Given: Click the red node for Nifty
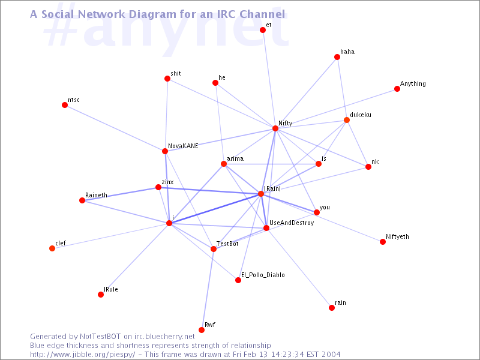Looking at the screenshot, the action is (x=275, y=128).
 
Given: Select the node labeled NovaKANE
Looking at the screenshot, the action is (x=165, y=151).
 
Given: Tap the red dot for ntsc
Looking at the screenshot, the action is (x=65, y=105).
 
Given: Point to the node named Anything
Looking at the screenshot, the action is (x=397, y=89).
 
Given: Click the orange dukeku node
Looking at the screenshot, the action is (x=347, y=120).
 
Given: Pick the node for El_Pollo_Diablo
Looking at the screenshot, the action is (x=238, y=280).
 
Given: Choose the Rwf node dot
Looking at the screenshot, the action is (x=202, y=329).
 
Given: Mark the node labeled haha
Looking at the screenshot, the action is (x=337, y=57).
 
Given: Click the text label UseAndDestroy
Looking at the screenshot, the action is (x=292, y=223).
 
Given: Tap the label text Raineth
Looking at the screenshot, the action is (x=96, y=195).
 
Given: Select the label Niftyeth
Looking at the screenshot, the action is (x=397, y=236).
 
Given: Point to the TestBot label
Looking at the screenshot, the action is (x=227, y=244).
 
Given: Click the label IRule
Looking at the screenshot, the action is (x=111, y=289).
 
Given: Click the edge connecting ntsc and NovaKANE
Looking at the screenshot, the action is (x=115, y=128).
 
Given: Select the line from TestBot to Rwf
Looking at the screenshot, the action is (x=208, y=289).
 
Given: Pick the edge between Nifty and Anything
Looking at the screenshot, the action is (x=336, y=109).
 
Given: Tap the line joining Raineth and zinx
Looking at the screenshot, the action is (x=120, y=194).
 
